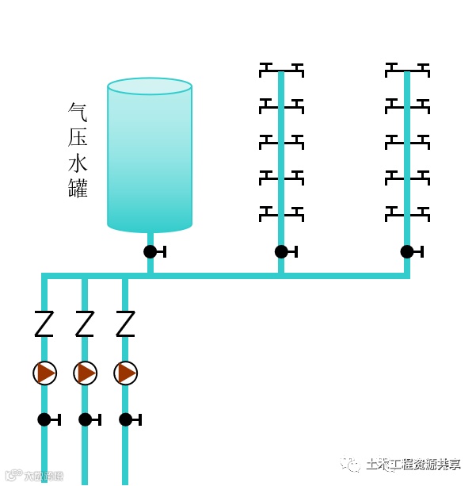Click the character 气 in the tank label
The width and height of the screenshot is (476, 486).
tap(78, 111)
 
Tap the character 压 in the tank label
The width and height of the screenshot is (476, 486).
tap(78, 137)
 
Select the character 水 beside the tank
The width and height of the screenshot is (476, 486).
tap(78, 163)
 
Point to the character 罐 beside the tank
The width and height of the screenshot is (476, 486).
tap(78, 189)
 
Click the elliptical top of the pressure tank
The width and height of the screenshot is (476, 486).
tap(150, 86)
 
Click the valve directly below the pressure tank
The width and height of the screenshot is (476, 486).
tap(150, 251)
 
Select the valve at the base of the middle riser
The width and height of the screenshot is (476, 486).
tap(281, 251)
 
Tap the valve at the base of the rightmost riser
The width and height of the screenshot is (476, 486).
tap(407, 251)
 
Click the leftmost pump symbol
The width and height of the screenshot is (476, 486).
tap(45, 373)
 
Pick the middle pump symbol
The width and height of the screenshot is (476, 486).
tap(86, 373)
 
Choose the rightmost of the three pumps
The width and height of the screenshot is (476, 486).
tap(125, 373)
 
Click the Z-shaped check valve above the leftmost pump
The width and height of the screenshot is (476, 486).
tap(44, 323)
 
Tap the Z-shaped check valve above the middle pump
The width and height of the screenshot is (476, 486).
tap(85, 323)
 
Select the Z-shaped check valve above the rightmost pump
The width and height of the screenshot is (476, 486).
tap(125, 323)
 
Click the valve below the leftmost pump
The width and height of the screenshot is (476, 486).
tap(45, 419)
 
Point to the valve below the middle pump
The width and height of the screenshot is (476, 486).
tap(86, 419)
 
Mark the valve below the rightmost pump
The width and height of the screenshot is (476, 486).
tap(126, 419)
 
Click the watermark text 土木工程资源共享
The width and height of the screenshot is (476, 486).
tap(413, 465)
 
